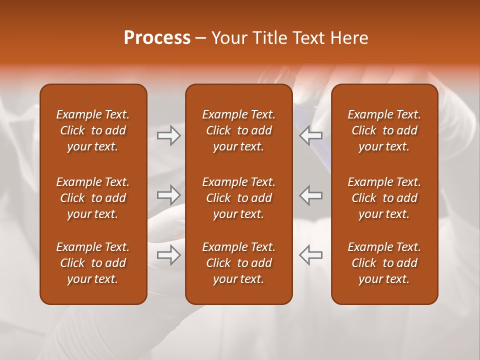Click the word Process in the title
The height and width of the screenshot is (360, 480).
click(x=157, y=38)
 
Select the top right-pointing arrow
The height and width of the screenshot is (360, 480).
click(x=168, y=135)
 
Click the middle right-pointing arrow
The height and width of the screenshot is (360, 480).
click(x=168, y=195)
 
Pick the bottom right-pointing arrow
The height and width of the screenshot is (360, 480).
click(x=168, y=255)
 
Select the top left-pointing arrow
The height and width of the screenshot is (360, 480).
click(x=310, y=135)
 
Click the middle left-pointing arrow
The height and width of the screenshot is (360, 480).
click(x=310, y=195)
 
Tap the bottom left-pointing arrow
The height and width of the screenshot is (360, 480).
click(x=310, y=255)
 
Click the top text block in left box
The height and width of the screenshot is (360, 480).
click(x=93, y=130)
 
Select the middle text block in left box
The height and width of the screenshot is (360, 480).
click(x=93, y=198)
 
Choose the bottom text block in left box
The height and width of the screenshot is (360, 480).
click(x=93, y=263)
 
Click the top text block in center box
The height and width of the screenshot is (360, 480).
click(x=238, y=130)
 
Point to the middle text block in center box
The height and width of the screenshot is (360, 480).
click(x=238, y=198)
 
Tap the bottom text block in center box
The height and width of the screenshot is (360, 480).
click(x=238, y=263)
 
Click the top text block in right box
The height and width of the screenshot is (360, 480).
click(x=384, y=130)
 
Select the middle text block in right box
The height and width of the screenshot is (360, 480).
click(x=384, y=198)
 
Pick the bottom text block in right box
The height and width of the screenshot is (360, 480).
click(x=384, y=263)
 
